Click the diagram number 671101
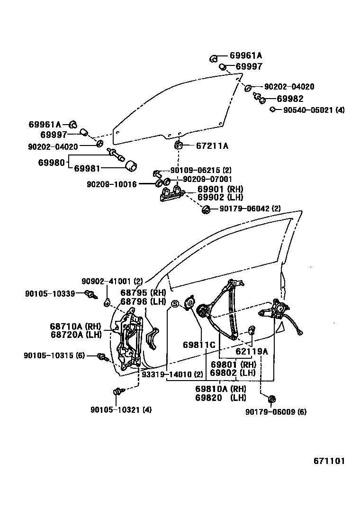pyautogui.click(x=328, y=461)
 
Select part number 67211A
pyautogui.click(x=212, y=146)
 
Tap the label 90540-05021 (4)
pyautogui.click(x=314, y=110)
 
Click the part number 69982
pyautogui.click(x=290, y=99)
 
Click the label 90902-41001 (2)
pyautogui.click(x=112, y=281)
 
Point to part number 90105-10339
pyautogui.click(x=50, y=294)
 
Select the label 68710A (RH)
pyautogui.click(x=76, y=327)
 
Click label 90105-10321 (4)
pyautogui.click(x=121, y=409)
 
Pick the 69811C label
pyautogui.click(x=199, y=345)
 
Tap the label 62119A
pyautogui.click(x=252, y=351)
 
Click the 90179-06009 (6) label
pyautogui.click(x=276, y=412)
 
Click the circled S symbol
pyautogui.click(x=174, y=304)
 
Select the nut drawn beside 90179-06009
pyautogui.click(x=272, y=399)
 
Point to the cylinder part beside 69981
pyautogui.click(x=130, y=166)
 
